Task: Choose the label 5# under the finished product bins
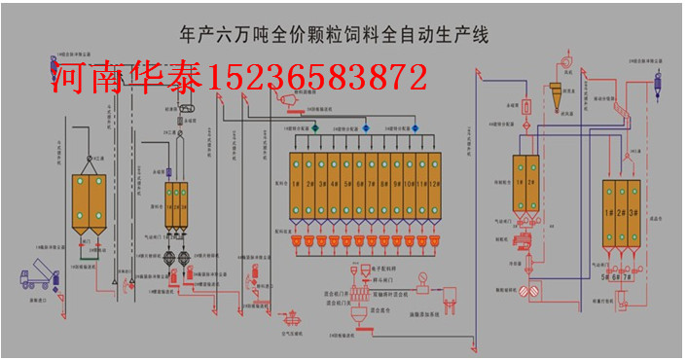[605, 277]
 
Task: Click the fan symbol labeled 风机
[561, 64]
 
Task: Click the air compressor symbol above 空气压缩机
[289, 315]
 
